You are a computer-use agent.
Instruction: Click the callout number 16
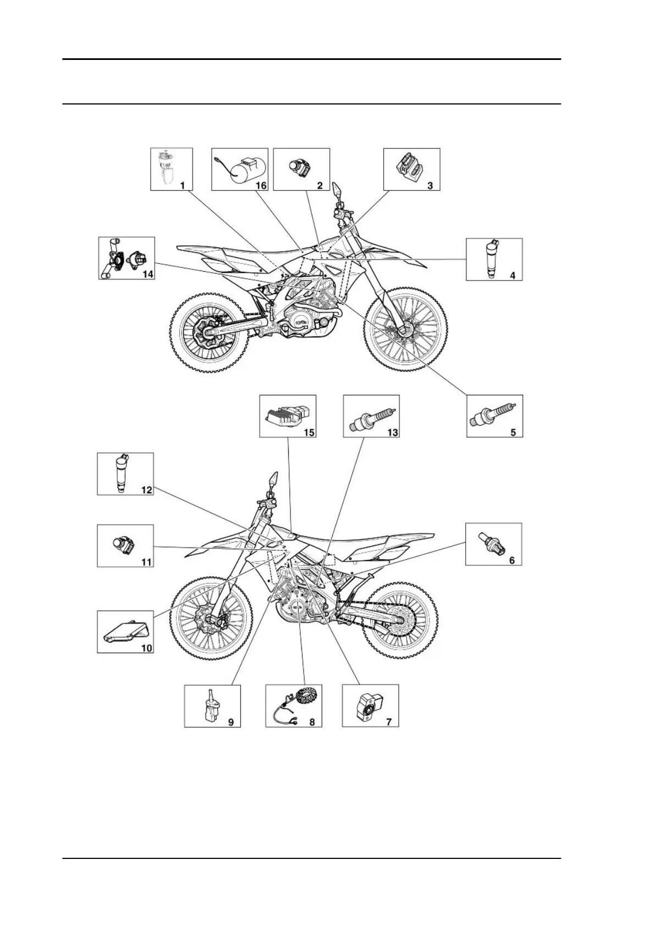[x=261, y=185]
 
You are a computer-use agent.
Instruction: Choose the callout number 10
[x=146, y=648]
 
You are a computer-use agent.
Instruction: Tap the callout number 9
[x=231, y=721]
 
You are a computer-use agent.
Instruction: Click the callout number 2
[x=320, y=185]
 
